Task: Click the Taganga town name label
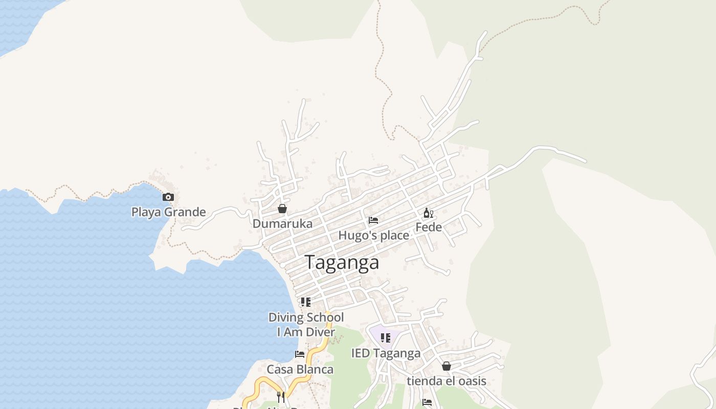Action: coord(342,262)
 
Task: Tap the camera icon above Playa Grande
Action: coord(168,197)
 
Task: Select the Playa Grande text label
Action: coord(168,212)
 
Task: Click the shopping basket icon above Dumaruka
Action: coord(282,209)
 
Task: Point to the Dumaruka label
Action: coord(282,223)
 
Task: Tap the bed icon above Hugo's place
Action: coord(373,220)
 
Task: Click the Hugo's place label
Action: coord(373,235)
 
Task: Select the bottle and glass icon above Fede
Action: coord(428,213)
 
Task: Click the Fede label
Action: coord(428,227)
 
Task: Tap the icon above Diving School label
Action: coord(305,302)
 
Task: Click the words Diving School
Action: coord(306,317)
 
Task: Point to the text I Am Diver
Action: coord(306,332)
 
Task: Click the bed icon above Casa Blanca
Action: coord(300,354)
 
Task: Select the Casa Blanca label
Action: coord(300,369)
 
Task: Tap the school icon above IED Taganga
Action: coord(386,338)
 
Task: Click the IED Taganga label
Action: coord(386,353)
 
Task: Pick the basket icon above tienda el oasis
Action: coord(446,366)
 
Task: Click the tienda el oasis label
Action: coord(446,381)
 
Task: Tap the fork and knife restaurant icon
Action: coord(280,397)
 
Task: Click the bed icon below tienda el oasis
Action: coord(427,402)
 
